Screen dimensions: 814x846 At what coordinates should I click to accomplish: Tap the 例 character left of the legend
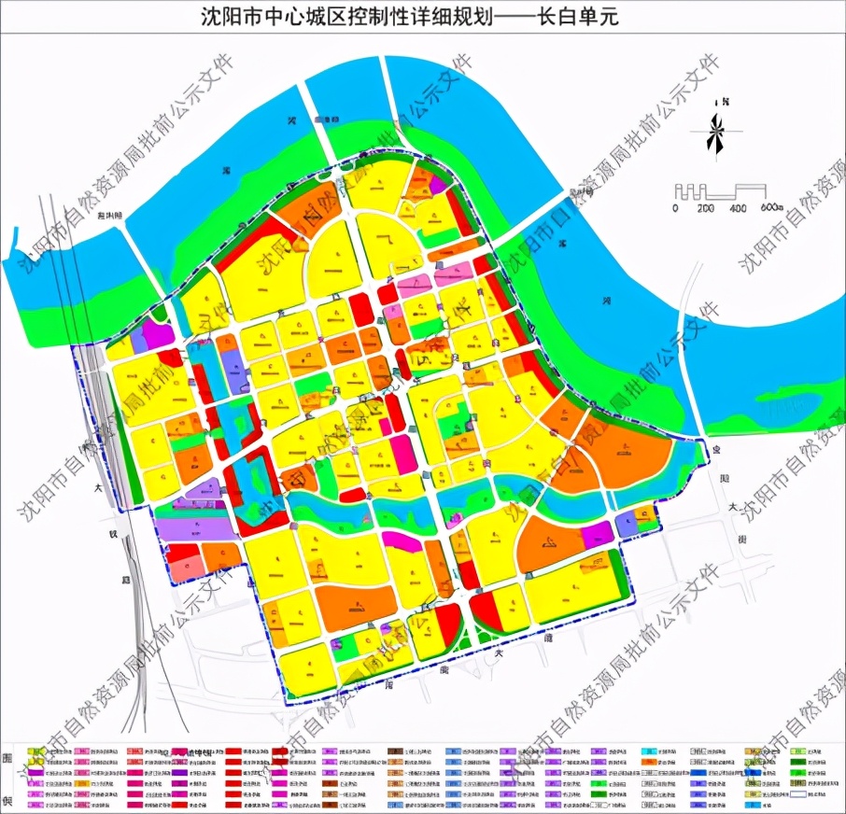click(8, 801)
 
